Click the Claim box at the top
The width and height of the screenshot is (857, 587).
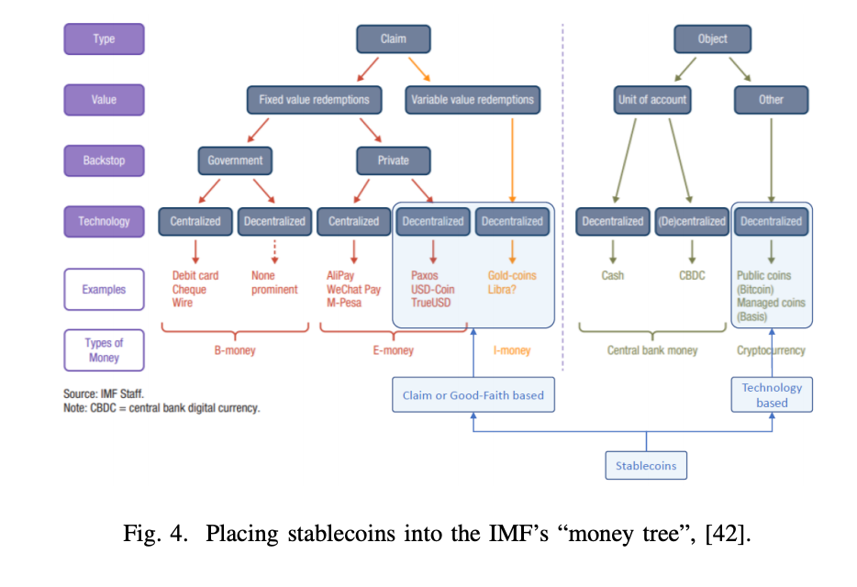coord(393,39)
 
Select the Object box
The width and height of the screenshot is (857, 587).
coord(712,39)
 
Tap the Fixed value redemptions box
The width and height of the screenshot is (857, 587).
coord(314,100)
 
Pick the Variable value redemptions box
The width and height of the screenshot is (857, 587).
coord(472,100)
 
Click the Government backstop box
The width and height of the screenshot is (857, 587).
coord(235,161)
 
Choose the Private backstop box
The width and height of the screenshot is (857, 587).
coord(393,161)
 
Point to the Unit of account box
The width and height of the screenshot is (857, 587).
coord(652,100)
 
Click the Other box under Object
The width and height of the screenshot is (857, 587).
coord(771,100)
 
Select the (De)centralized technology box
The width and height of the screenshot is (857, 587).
coord(691,221)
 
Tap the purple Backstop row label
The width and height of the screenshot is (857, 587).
coord(104,161)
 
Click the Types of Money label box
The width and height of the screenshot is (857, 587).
coord(104,350)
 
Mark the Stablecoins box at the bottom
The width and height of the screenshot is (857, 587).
coord(646,465)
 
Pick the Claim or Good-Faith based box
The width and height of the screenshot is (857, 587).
coord(473,395)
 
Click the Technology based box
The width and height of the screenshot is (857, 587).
coord(772,395)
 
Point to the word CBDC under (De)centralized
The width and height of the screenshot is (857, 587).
coord(693,275)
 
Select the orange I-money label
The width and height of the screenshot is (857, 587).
coord(512,350)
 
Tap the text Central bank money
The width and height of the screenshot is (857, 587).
coord(652,350)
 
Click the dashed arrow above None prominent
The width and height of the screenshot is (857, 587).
coord(274,250)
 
